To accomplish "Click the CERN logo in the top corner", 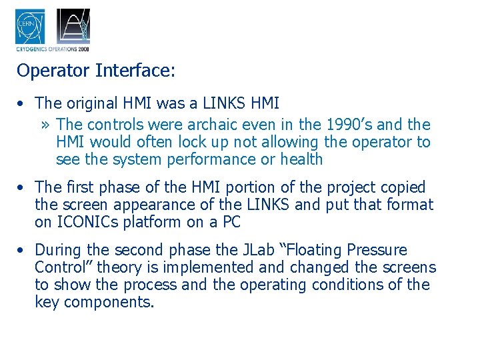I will pos(30,26).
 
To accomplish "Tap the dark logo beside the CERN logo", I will pos(73,26).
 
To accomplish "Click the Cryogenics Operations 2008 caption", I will pos(52,49).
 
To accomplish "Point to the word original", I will pos(92,103).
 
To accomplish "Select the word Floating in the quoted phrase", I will pos(312,250).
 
